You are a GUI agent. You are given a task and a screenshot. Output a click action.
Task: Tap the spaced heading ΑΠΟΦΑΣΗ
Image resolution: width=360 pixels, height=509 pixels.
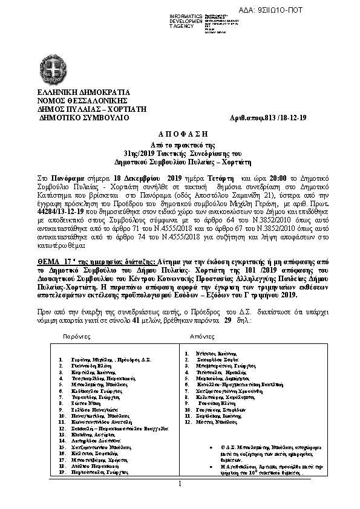tap(180, 132)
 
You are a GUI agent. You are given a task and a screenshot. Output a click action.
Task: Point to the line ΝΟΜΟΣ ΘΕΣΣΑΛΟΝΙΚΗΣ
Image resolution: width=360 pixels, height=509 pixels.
tap(75, 101)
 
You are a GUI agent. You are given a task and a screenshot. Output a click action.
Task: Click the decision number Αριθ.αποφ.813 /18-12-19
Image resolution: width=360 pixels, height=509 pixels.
tap(278, 118)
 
